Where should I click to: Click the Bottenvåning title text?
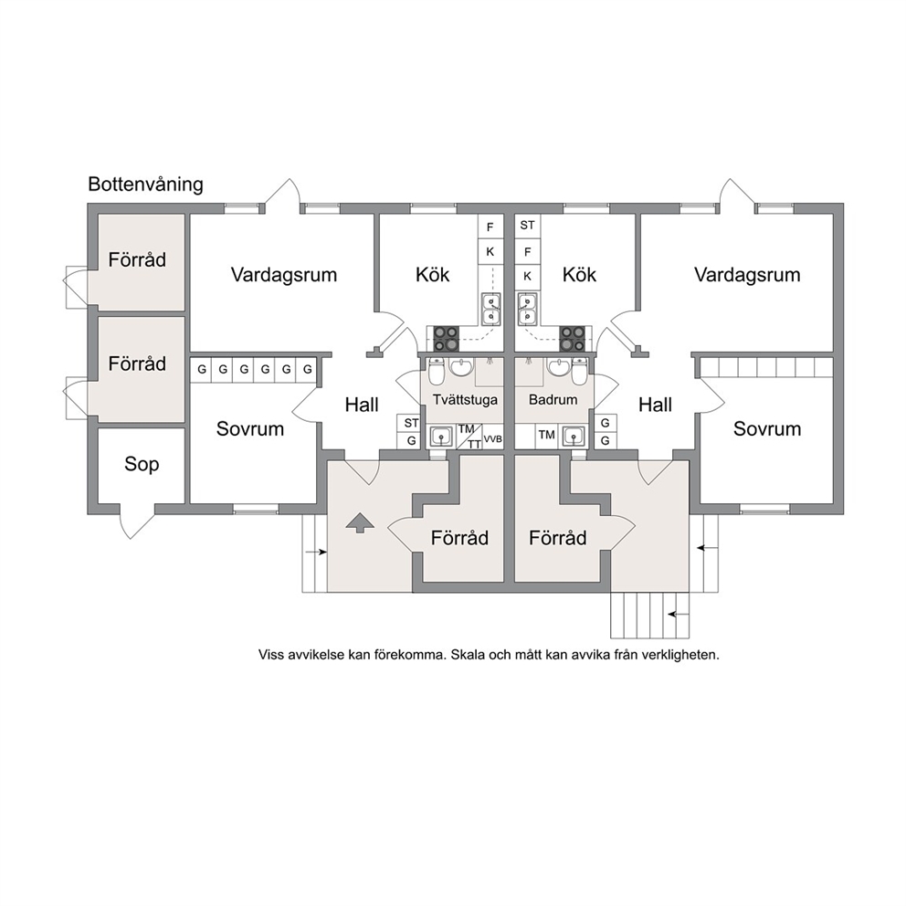tap(145, 184)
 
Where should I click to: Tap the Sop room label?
tap(142, 464)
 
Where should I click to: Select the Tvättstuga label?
tap(465, 400)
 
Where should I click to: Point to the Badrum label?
tap(553, 399)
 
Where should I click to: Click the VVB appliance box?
tap(493, 439)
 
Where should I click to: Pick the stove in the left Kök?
tap(446, 339)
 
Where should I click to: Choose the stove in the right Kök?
tap(572, 339)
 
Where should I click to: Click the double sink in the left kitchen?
tap(491, 310)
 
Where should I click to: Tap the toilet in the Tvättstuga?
tap(437, 372)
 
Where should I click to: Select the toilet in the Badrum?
tap(579, 372)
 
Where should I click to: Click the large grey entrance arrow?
tap(360, 522)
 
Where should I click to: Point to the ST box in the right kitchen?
tap(527, 226)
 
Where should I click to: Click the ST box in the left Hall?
tap(411, 423)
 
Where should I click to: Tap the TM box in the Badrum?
tap(546, 435)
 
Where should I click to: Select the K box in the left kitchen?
tap(490, 251)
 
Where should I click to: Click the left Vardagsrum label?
tap(284, 275)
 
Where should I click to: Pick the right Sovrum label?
tap(767, 428)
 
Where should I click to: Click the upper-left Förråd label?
tap(137, 259)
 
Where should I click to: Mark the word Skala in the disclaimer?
tap(467, 655)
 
